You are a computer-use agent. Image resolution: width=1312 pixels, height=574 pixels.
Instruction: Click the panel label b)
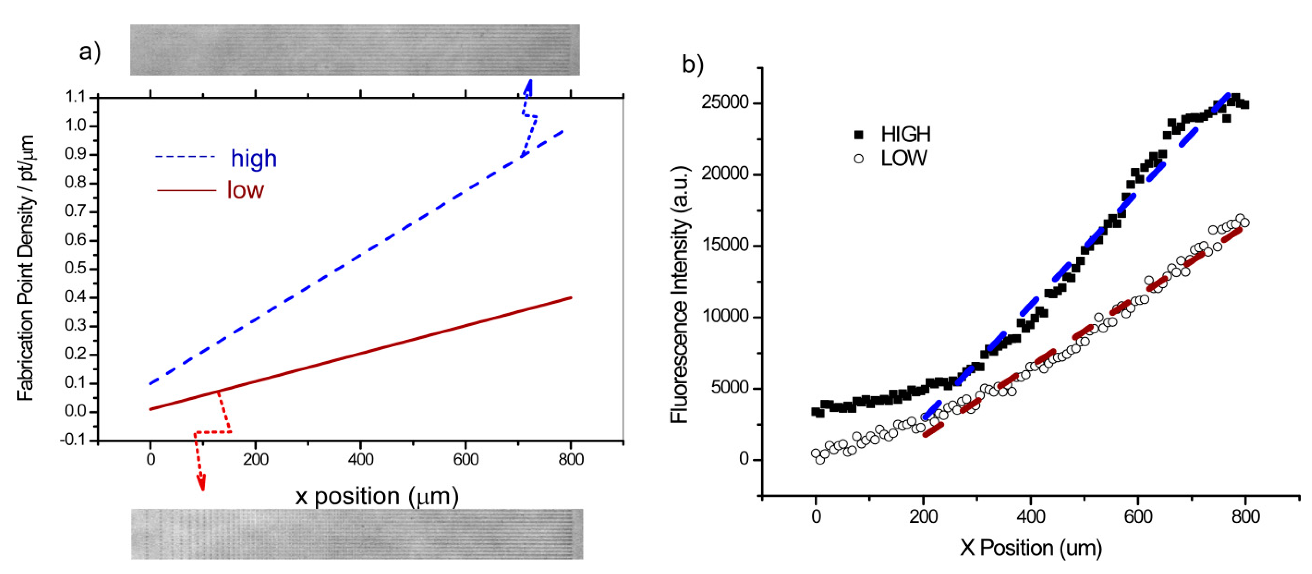tap(693, 65)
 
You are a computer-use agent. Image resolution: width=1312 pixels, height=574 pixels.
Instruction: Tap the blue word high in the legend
tap(254, 159)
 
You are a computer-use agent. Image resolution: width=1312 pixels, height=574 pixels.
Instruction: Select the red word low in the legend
tap(246, 190)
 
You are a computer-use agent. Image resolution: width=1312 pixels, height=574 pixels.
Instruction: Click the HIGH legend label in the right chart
tap(906, 134)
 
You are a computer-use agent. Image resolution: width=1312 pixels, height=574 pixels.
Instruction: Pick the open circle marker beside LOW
tap(859, 159)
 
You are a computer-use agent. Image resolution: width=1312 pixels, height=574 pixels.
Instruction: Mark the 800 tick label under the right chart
tap(1245, 517)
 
